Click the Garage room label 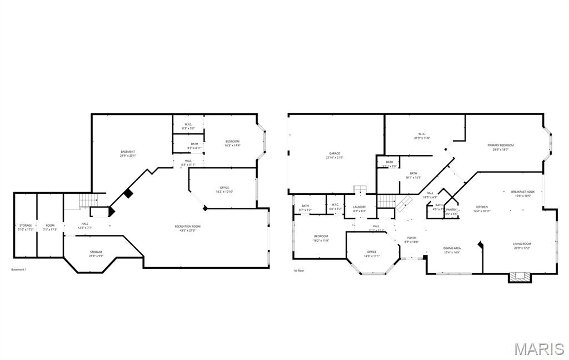(334, 156)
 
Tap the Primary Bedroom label (500, 147)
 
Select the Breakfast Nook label (522, 193)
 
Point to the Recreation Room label (187, 228)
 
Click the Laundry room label (359, 208)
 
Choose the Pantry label (451, 211)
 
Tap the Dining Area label (452, 250)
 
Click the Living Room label (522, 246)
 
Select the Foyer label (411, 239)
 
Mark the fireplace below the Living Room (521, 276)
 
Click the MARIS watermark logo (538, 348)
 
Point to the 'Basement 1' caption (19, 269)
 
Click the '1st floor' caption (299, 271)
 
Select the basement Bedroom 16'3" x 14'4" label (232, 143)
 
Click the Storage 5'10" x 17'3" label (26, 227)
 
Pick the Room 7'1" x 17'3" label (50, 227)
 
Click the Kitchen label (481, 209)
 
